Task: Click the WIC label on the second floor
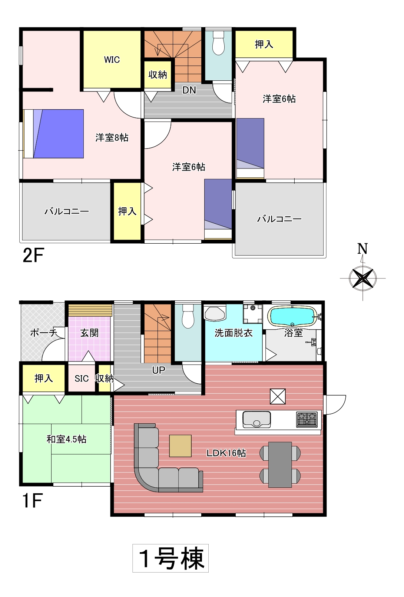pos(112,60)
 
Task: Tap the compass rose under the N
pos(362,279)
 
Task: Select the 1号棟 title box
pos(170,558)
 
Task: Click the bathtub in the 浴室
pos(292,316)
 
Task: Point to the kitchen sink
pos(256,419)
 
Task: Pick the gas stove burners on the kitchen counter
pos(307,419)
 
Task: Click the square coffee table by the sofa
pos(180,446)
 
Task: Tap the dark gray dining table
pos(280,464)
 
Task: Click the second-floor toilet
pos(218,43)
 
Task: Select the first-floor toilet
pos(188,316)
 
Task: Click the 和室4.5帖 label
pos(66,439)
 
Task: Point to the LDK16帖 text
pos(226,453)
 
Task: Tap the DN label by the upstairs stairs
pos(189,90)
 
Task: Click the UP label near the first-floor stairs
pos(158,370)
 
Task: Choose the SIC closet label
pos(81,378)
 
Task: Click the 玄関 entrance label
pos(89,333)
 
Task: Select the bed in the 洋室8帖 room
pos(53,134)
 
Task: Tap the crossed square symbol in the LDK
pos(278,396)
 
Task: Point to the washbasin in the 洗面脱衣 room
pos(215,313)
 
